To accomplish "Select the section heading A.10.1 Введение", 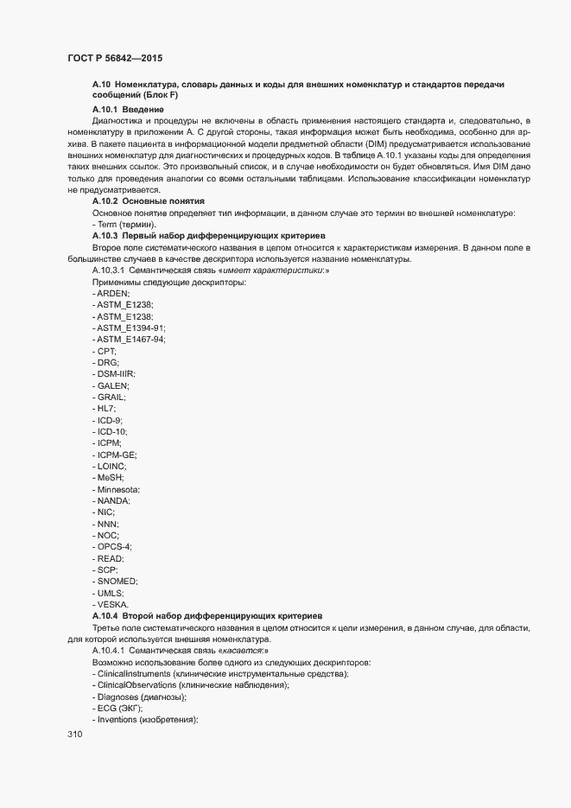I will [x=128, y=110].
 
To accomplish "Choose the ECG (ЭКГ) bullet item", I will [x=120, y=709].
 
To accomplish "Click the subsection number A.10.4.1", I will [x=108, y=650].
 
